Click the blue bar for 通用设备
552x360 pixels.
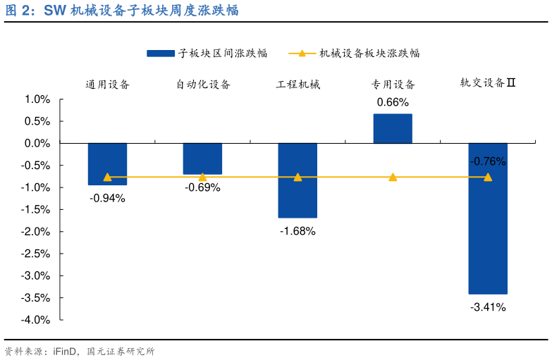pyautogui.click(x=107, y=163)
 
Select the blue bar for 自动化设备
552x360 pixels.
pyautogui.click(x=202, y=159)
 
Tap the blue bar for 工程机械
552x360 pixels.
pyautogui.click(x=298, y=180)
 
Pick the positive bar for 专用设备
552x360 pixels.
pyautogui.click(x=393, y=129)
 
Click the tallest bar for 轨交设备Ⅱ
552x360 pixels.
pyautogui.click(x=488, y=218)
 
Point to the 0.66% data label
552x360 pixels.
pyautogui.click(x=393, y=102)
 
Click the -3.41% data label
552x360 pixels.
pyautogui.click(x=488, y=307)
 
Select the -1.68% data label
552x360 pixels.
pyautogui.click(x=298, y=231)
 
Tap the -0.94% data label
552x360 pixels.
pyautogui.click(x=107, y=198)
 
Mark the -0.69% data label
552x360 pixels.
pyautogui.click(x=202, y=187)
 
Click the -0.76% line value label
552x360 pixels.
pyautogui.click(x=488, y=161)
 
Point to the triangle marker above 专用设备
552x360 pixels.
pyautogui.click(x=393, y=177)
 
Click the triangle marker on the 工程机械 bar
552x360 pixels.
pyautogui.click(x=298, y=177)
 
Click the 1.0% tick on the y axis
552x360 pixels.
pyautogui.click(x=37, y=99)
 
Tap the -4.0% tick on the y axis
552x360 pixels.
pyautogui.click(x=36, y=320)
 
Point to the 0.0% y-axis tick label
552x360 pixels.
pyautogui.click(x=37, y=143)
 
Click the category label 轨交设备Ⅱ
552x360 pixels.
pyautogui.click(x=489, y=83)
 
